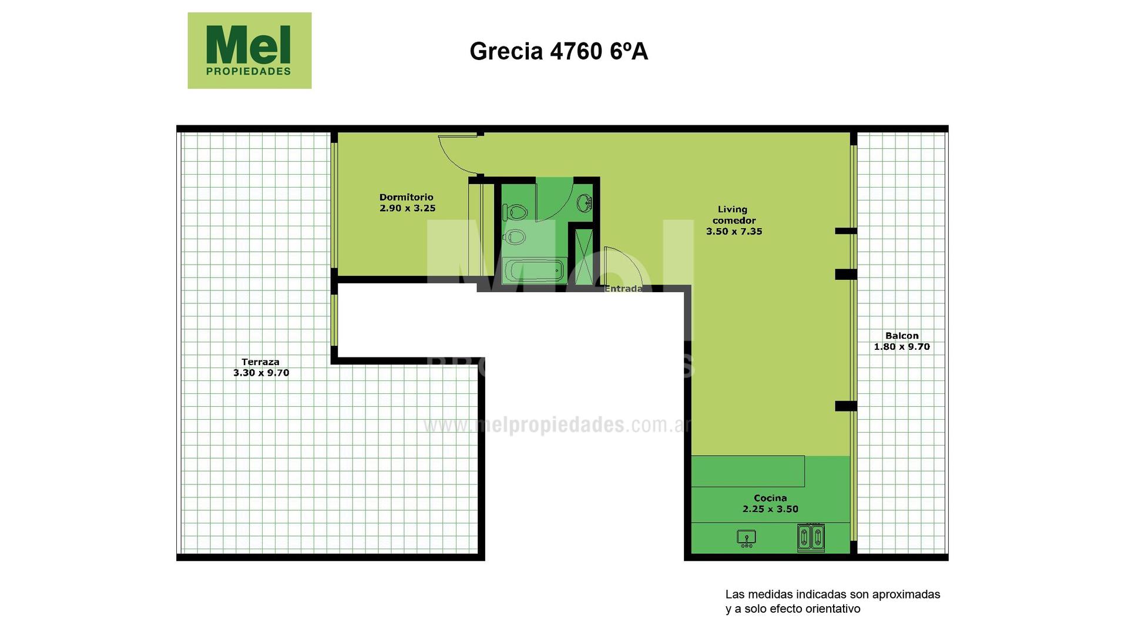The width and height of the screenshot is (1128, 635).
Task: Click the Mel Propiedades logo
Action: pyautogui.click(x=249, y=51)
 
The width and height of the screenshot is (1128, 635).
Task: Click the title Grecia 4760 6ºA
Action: pyautogui.click(x=559, y=51)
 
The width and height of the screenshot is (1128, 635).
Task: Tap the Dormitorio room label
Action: pyautogui.click(x=406, y=197)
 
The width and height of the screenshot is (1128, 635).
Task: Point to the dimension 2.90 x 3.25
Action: pyautogui.click(x=408, y=208)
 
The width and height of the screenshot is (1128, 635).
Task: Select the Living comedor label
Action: pyautogui.click(x=733, y=215)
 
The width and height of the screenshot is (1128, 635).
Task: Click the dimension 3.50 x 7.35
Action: pyautogui.click(x=734, y=232)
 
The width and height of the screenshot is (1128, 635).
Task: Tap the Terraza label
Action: pyautogui.click(x=260, y=362)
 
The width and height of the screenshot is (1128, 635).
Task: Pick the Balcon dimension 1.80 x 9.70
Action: pyautogui.click(x=902, y=347)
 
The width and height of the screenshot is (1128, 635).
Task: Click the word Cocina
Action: pyautogui.click(x=770, y=498)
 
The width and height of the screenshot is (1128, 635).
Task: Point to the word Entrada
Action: pyautogui.click(x=623, y=289)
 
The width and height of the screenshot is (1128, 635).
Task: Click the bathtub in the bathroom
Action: pyautogui.click(x=534, y=272)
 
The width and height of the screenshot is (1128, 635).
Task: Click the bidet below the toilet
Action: pyautogui.click(x=514, y=236)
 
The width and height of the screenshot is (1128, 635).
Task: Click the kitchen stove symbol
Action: pyautogui.click(x=811, y=537)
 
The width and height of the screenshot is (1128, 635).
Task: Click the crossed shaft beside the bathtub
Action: pyautogui.click(x=584, y=257)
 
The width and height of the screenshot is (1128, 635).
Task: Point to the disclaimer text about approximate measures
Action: pyautogui.click(x=832, y=601)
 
